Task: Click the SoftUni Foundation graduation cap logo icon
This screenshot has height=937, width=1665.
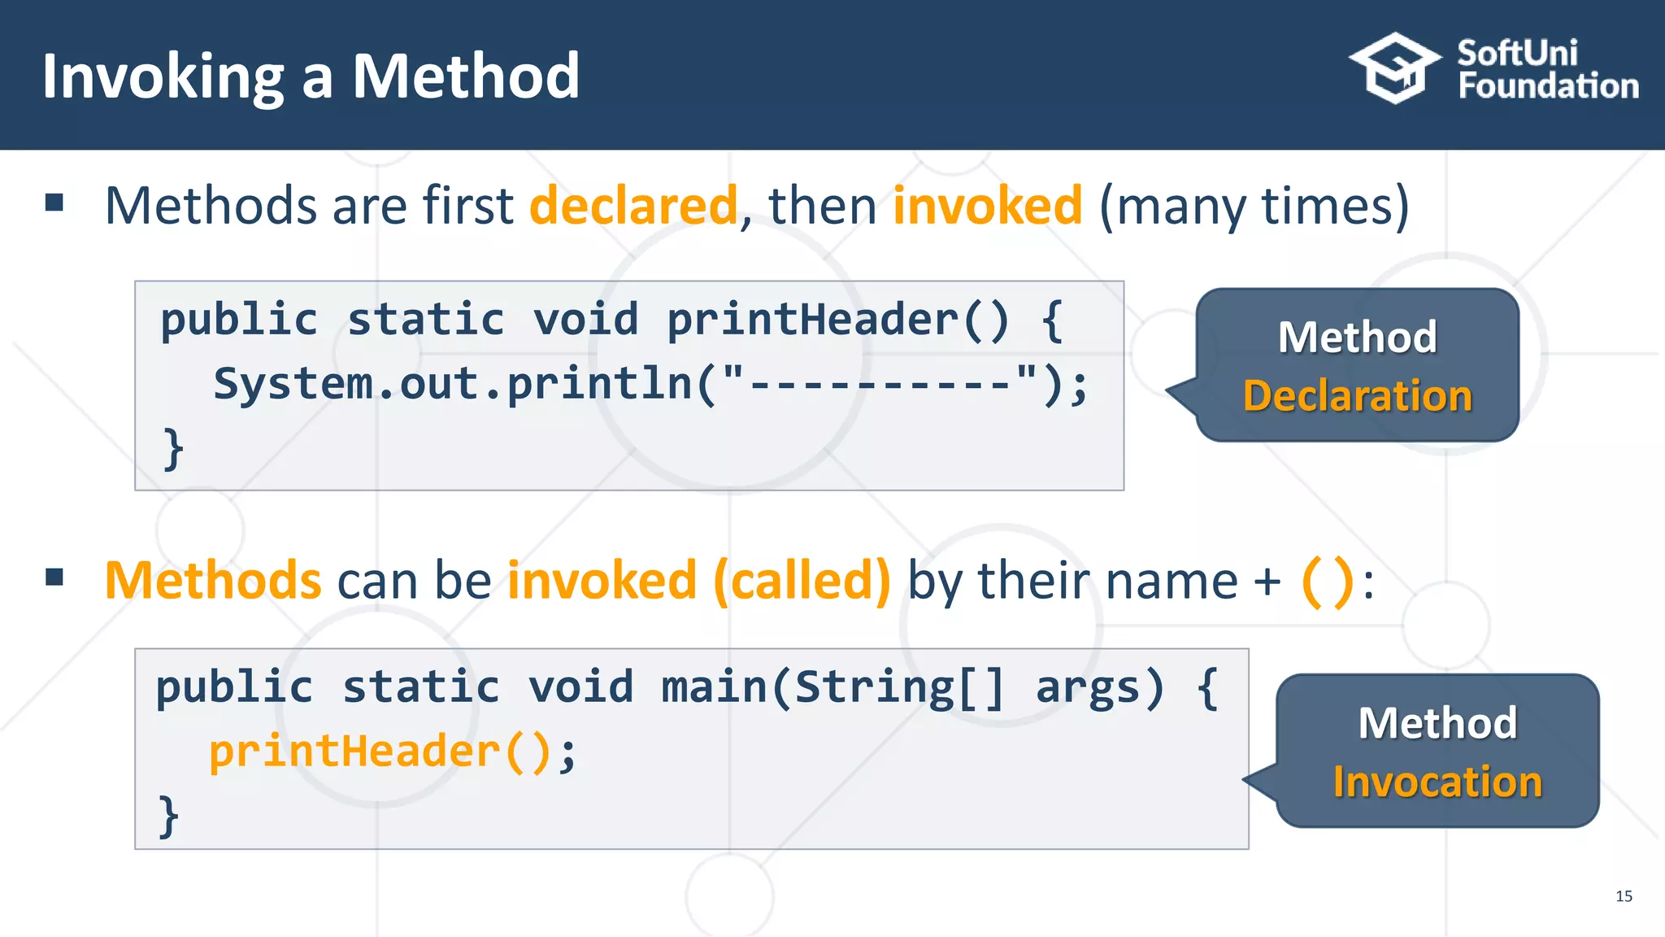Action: pyautogui.click(x=1393, y=69)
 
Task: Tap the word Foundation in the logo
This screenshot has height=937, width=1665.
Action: pyautogui.click(x=1548, y=86)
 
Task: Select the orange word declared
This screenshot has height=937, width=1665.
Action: pyautogui.click(x=633, y=205)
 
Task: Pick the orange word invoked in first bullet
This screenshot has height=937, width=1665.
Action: pyautogui.click(x=987, y=205)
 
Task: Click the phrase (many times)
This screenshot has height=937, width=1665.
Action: pyautogui.click(x=1254, y=207)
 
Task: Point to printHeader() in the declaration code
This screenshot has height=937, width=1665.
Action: pyautogui.click(x=837, y=319)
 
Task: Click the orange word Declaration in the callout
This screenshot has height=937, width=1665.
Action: pyautogui.click(x=1357, y=396)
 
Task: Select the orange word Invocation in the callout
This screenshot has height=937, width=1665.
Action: pyautogui.click(x=1437, y=782)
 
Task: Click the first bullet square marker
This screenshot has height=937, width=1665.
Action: pyautogui.click(x=54, y=202)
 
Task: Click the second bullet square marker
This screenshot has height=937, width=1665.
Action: pyautogui.click(x=54, y=577)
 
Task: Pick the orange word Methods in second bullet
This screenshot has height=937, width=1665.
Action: pyautogui.click(x=213, y=581)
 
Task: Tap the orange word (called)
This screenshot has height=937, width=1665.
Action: pyautogui.click(x=802, y=581)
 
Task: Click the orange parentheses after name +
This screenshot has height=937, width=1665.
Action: pyautogui.click(x=1327, y=581)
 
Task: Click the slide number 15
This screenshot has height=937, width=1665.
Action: pyautogui.click(x=1624, y=896)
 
